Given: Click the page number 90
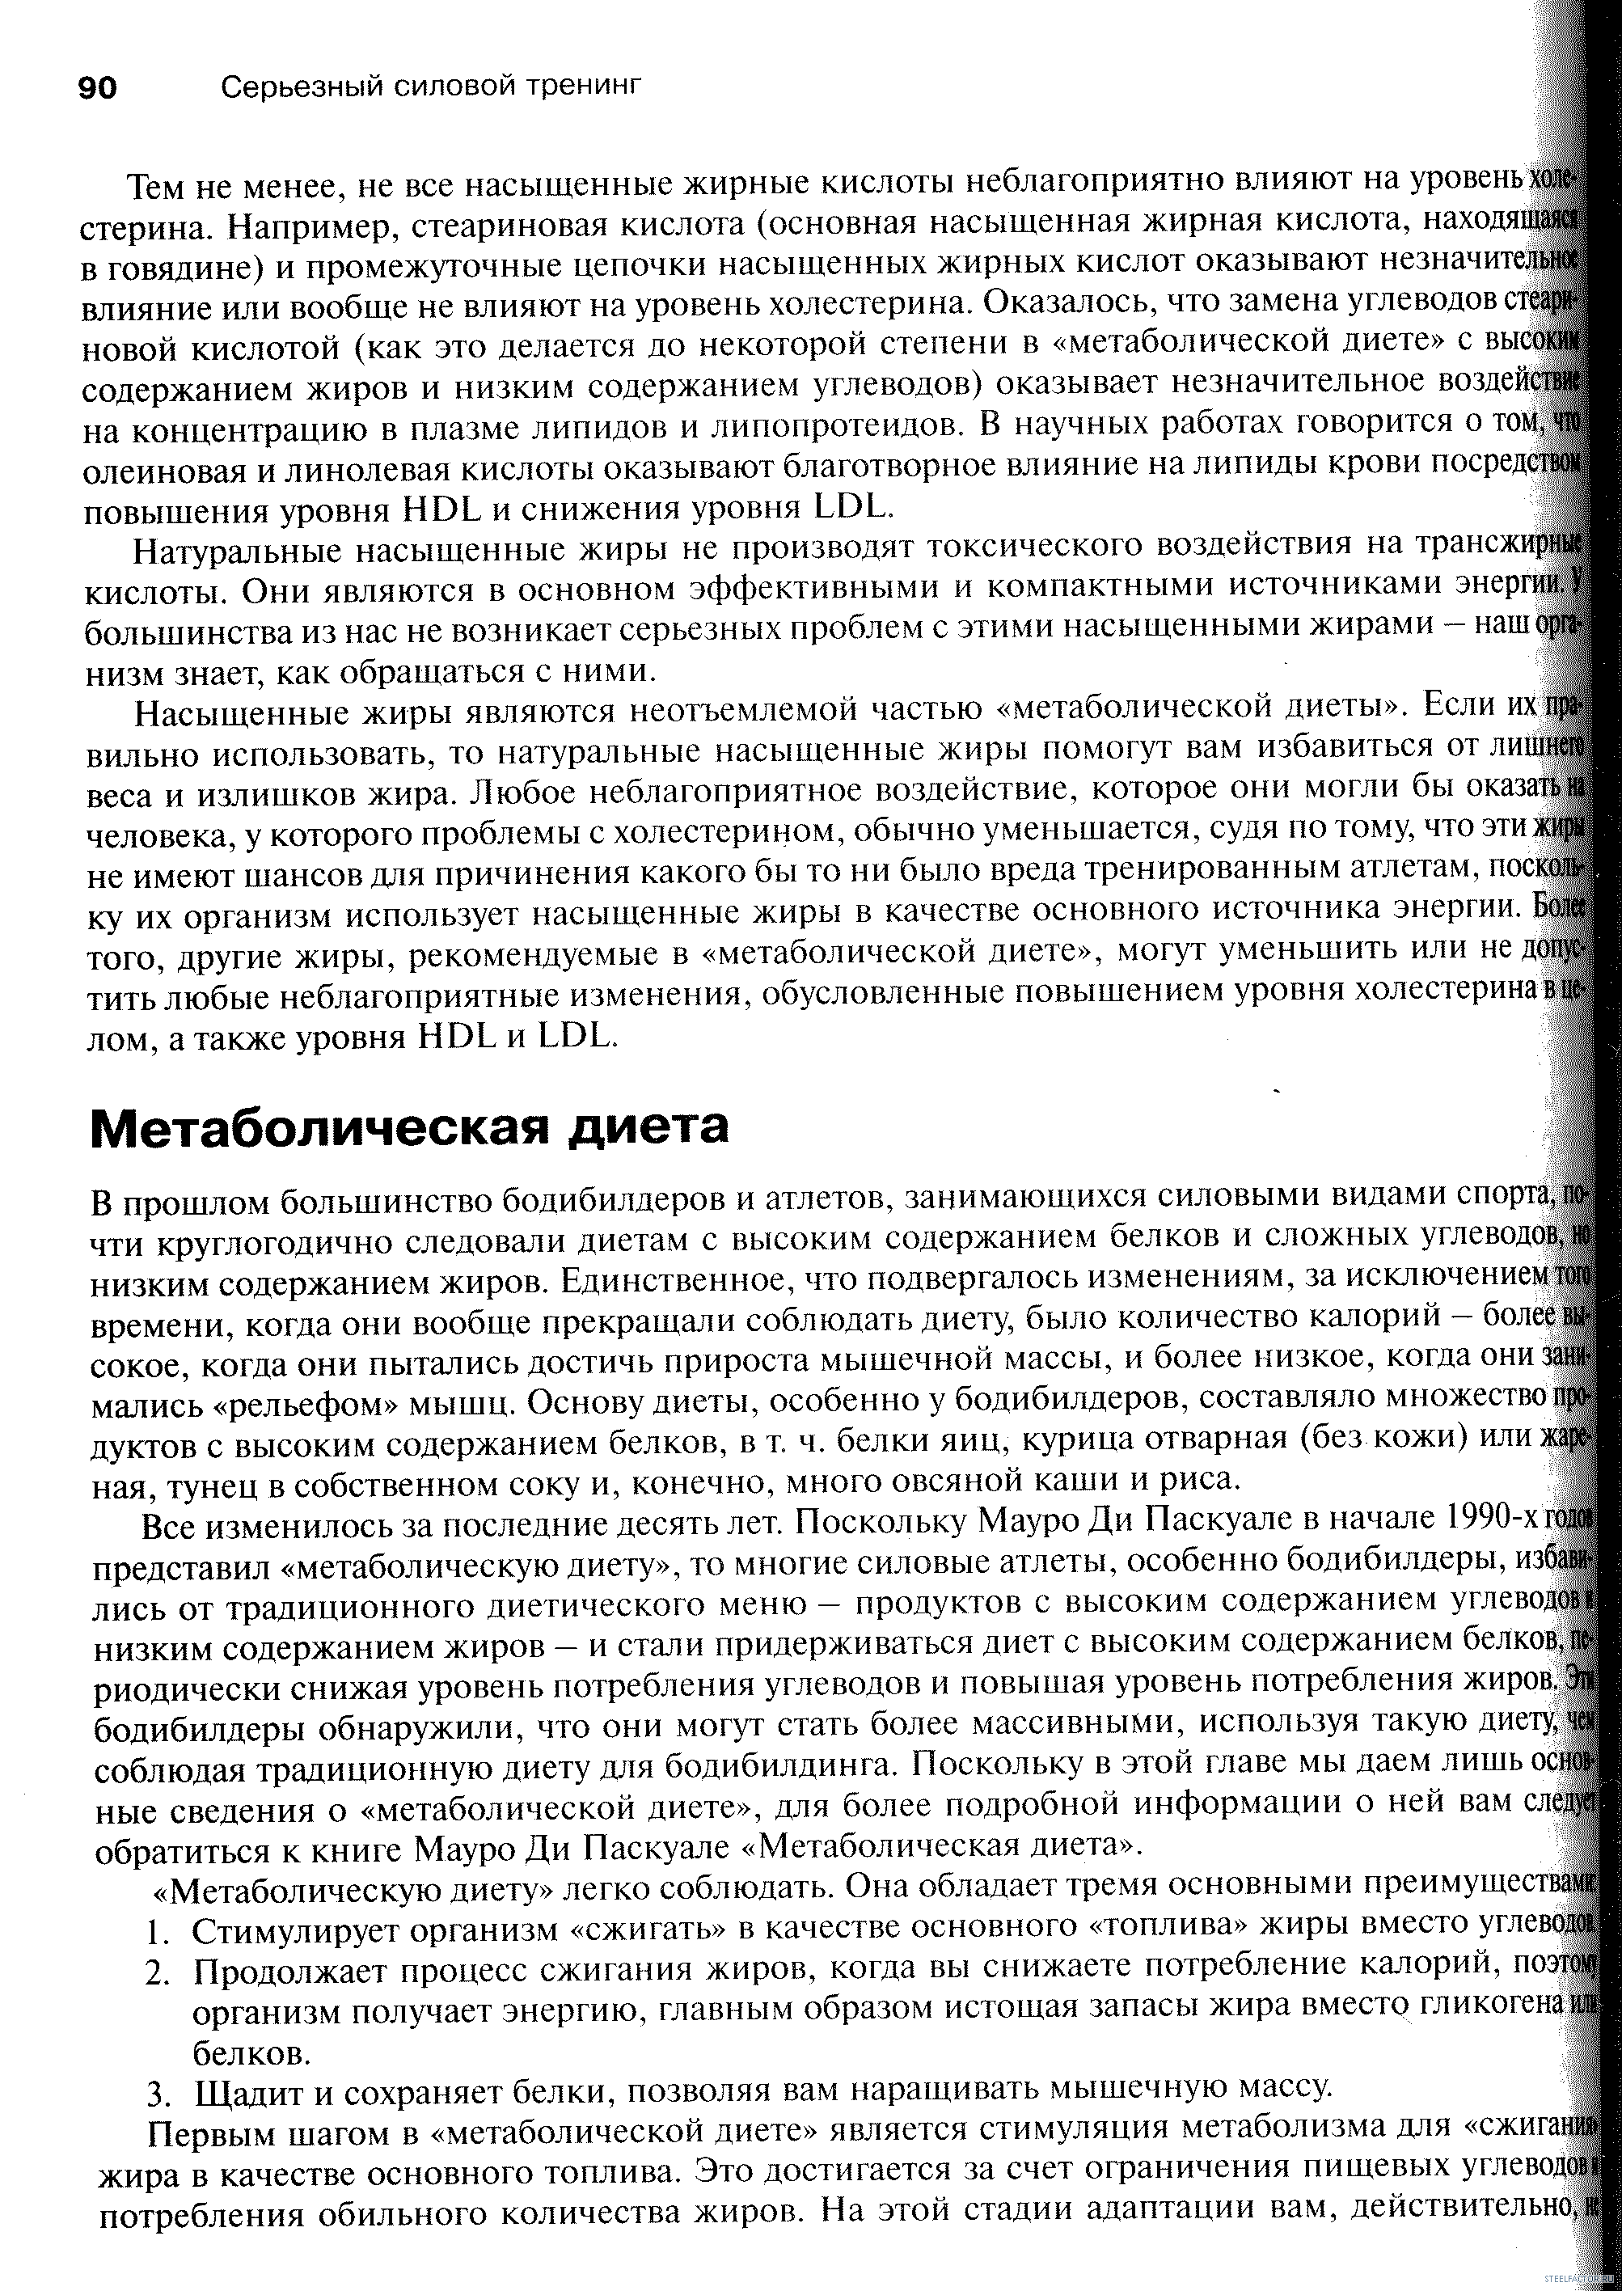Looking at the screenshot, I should tap(97, 88).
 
